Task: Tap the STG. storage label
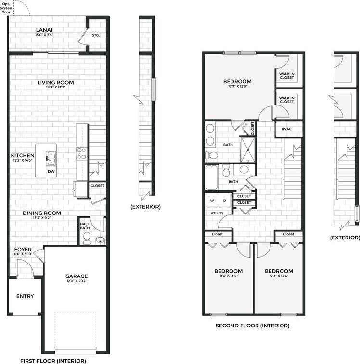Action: coord(96,34)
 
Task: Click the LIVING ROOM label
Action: coord(55,82)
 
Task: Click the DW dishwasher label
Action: coord(51,171)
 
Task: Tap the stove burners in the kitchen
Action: coord(81,153)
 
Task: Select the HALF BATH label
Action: coord(85,225)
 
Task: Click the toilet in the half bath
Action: coord(87,237)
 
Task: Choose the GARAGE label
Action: coord(77,276)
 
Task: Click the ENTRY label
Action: coord(25,296)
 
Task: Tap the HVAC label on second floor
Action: coord(286,129)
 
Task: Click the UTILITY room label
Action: coord(217,213)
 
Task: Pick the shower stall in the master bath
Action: coord(248,149)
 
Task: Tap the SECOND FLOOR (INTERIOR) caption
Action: coord(252,326)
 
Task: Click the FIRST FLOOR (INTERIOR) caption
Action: coord(53,360)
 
